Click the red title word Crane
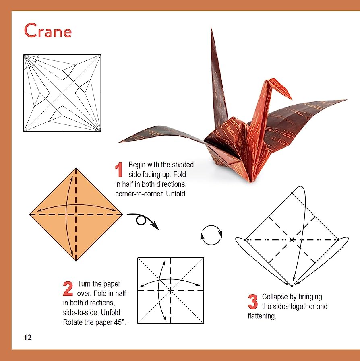tap(48, 31)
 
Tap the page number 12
tap(27, 337)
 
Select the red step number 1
tap(119, 170)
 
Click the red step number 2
tap(68, 289)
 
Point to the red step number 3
tap(252, 302)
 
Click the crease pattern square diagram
tap(62, 93)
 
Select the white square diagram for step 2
tap(171, 290)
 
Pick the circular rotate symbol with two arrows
tap(211, 235)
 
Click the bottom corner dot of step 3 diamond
tap(292, 286)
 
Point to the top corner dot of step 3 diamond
tap(292, 194)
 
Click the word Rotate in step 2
tap(73, 322)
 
